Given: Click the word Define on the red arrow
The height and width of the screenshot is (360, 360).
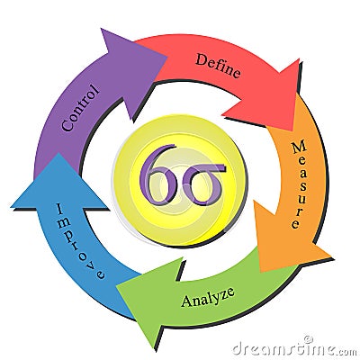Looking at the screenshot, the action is [218, 66].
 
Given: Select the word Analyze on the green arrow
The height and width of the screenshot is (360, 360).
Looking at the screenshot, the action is [208, 297].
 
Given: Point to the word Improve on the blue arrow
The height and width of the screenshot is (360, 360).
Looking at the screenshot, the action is [79, 241].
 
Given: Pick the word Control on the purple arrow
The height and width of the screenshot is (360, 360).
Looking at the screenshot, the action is [80, 108].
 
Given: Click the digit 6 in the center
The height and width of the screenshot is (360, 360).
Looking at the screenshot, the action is [158, 175].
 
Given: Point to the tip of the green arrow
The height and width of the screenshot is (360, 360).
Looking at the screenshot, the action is [116, 285].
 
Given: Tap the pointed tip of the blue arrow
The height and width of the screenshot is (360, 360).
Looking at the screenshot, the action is [58, 153].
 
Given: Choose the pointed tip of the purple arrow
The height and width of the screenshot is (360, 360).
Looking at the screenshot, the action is [166, 56].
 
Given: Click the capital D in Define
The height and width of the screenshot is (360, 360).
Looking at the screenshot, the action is [202, 59].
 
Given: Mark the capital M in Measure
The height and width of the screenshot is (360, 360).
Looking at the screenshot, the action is [299, 148].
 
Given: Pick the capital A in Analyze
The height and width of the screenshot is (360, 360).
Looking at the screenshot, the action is [187, 301].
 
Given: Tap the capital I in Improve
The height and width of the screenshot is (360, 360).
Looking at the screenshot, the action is [60, 209].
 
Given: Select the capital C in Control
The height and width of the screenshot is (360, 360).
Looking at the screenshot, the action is [68, 124].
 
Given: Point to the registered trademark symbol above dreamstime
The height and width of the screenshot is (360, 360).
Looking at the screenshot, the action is [307, 339].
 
